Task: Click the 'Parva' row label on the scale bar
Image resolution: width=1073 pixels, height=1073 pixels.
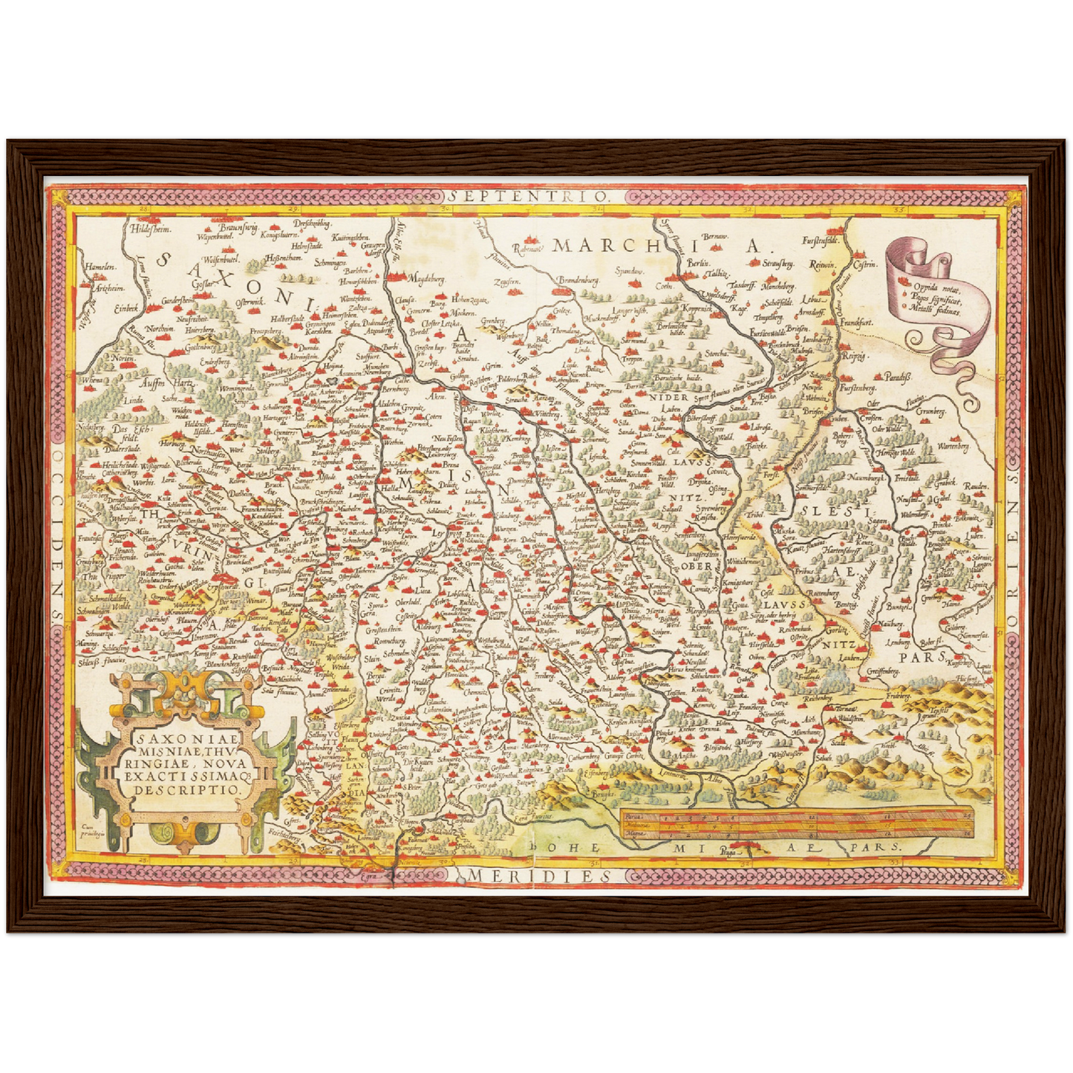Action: (x=633, y=816)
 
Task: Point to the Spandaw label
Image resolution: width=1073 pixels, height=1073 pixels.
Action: (x=628, y=271)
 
